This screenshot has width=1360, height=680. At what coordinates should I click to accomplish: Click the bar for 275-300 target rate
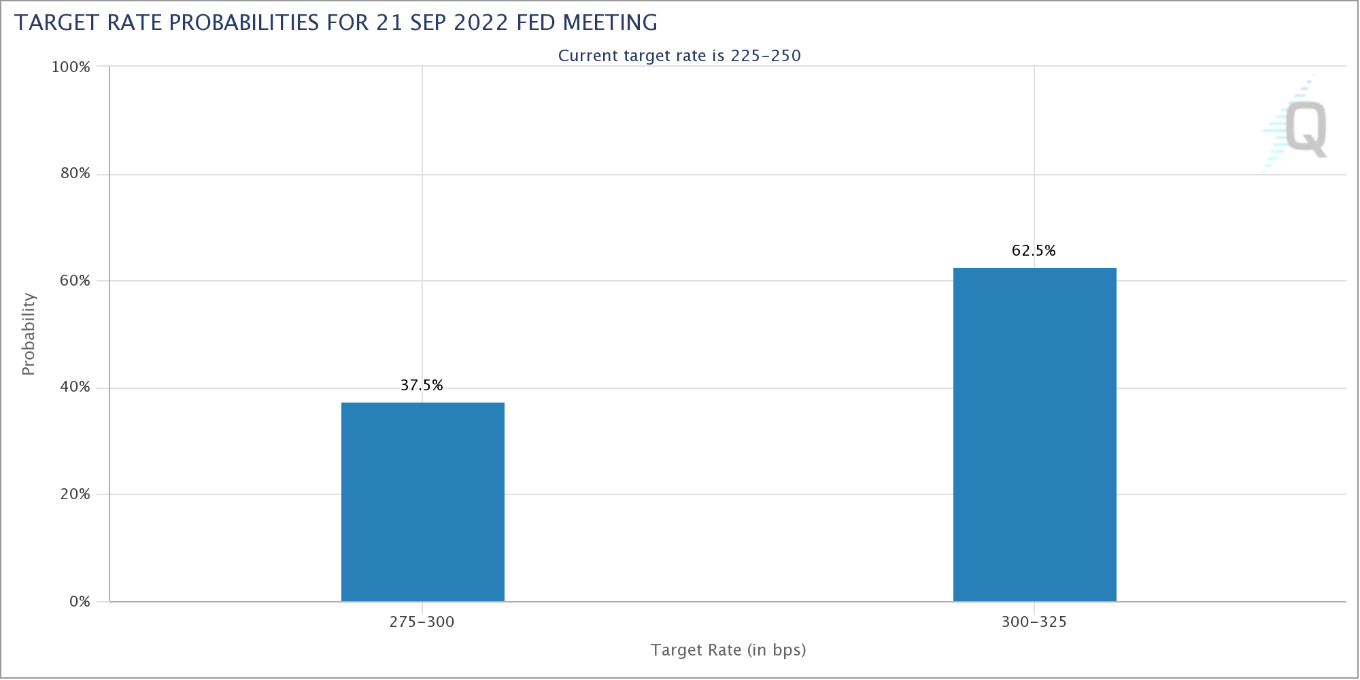pyautogui.click(x=422, y=502)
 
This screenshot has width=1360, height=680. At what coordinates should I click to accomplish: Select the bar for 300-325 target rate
pyautogui.click(x=1034, y=435)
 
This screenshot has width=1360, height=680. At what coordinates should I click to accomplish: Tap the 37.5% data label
pyautogui.click(x=422, y=386)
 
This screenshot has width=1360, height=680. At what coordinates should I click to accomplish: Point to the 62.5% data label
pyautogui.click(x=1034, y=251)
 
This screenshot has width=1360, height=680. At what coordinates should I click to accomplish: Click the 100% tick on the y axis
pyautogui.click(x=71, y=67)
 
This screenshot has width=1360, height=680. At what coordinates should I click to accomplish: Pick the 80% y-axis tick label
pyautogui.click(x=75, y=173)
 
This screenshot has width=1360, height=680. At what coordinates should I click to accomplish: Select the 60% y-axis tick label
pyautogui.click(x=75, y=281)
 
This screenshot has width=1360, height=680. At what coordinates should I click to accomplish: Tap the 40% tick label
pyautogui.click(x=75, y=388)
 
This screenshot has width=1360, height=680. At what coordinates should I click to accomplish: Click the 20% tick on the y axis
pyautogui.click(x=75, y=494)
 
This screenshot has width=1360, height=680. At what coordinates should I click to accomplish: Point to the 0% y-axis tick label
pyautogui.click(x=80, y=602)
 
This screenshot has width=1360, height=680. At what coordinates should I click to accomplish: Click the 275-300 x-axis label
pyautogui.click(x=422, y=622)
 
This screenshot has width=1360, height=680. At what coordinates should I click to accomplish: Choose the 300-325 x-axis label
pyautogui.click(x=1034, y=622)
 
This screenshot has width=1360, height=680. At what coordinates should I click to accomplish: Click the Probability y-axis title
pyautogui.click(x=28, y=334)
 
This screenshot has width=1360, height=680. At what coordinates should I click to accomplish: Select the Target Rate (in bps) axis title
pyautogui.click(x=728, y=650)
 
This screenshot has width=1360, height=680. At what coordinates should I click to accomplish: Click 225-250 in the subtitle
pyautogui.click(x=766, y=56)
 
